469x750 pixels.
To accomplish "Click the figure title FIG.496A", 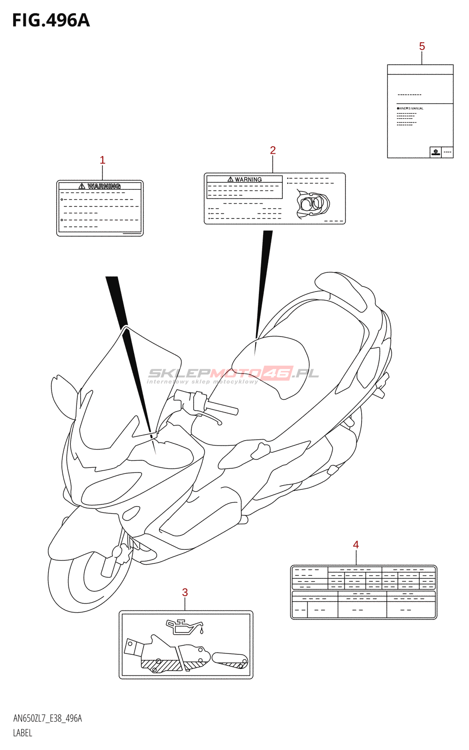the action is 51,21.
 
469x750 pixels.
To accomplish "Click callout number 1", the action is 102,160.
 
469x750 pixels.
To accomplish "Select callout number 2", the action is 272,150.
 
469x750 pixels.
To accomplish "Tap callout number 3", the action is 185,592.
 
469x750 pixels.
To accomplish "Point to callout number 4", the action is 356,544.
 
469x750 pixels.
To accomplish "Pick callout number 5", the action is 422,46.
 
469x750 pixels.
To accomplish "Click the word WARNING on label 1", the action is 104,186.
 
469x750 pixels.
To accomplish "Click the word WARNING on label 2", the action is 248,180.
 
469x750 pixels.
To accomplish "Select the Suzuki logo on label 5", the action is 436,152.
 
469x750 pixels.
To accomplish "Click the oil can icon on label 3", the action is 184,626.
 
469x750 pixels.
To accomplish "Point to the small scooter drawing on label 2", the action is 313,205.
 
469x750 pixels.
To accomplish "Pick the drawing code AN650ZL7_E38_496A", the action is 47,719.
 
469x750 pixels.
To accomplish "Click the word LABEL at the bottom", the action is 23,733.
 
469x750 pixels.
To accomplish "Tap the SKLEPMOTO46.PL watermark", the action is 233,374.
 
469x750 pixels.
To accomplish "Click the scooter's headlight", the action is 111,487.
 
